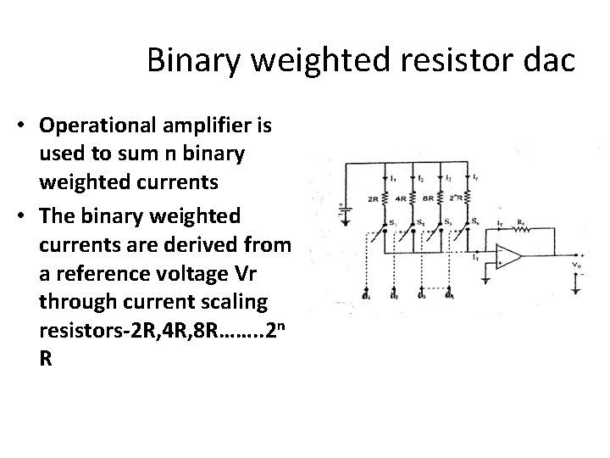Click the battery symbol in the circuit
pyautogui.click(x=345, y=209)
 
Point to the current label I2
pyautogui.click(x=422, y=177)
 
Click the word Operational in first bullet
pyautogui.click(x=93, y=126)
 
